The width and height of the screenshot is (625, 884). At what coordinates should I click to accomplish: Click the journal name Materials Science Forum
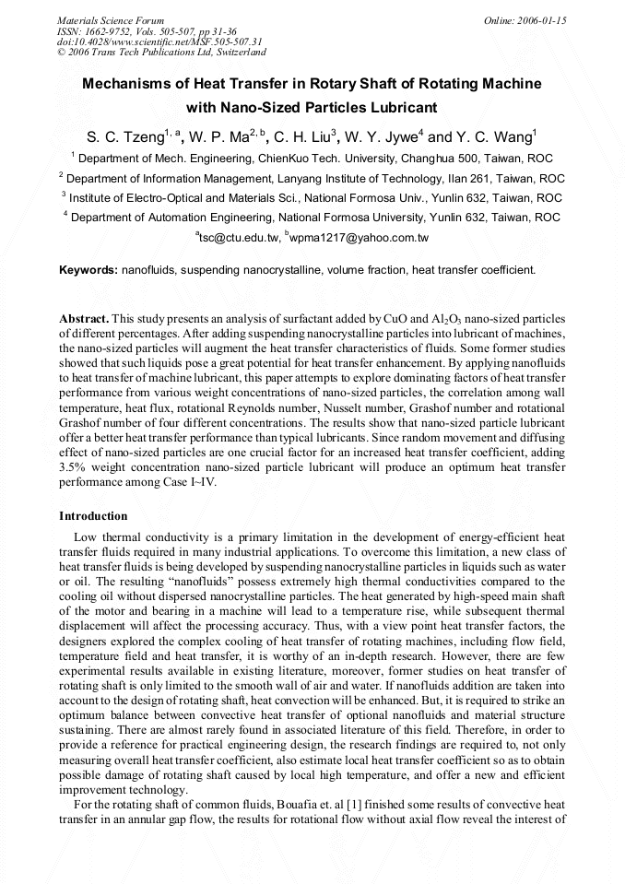coord(111,19)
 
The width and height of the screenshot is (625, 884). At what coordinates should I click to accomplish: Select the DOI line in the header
coord(159,41)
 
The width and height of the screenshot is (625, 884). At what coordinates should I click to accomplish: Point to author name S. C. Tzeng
coord(124,138)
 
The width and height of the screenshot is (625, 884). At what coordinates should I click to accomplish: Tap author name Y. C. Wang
coord(493,138)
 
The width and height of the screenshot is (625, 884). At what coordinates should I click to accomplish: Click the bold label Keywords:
coord(88,270)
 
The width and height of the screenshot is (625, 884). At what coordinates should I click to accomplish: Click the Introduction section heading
coord(93,515)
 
